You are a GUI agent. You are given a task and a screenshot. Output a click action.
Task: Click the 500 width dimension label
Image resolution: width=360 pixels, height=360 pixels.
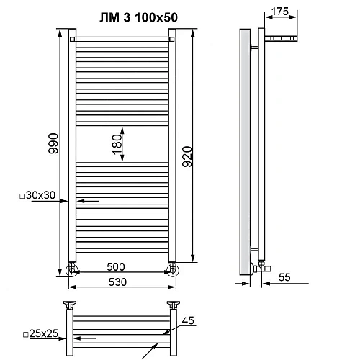coord(122,266)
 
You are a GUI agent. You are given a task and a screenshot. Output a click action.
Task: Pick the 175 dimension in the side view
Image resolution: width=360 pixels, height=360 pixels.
coord(282,12)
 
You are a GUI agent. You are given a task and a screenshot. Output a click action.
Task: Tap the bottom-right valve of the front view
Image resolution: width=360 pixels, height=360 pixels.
coord(172,270)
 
